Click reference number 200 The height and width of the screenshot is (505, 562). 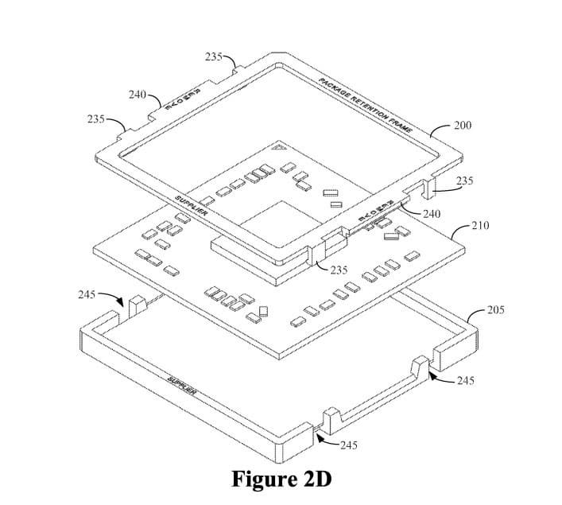462,126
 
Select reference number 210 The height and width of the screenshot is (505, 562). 479,226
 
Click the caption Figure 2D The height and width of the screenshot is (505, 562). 281,479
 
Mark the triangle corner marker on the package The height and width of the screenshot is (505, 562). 276,149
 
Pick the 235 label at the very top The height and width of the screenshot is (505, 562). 213,57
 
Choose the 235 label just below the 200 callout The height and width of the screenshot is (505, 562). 465,181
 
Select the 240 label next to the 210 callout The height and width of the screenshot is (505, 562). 432,214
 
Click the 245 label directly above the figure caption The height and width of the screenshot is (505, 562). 348,445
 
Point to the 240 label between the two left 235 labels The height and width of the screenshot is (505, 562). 137,95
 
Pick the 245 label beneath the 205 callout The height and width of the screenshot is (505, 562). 466,381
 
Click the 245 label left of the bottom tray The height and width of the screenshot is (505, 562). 87,295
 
